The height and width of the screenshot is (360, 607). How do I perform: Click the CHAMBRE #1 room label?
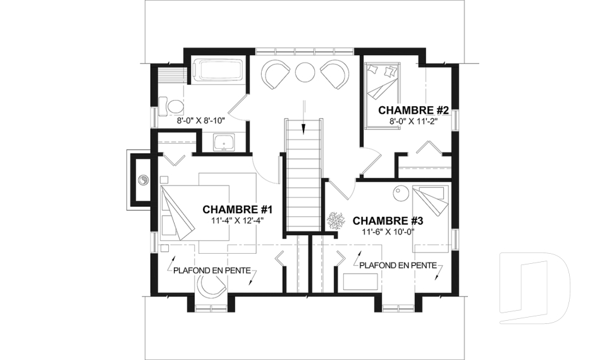[x=238, y=209]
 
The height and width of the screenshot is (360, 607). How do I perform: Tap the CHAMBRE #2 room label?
[x=413, y=111]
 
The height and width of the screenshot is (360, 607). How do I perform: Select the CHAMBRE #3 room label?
[x=388, y=221]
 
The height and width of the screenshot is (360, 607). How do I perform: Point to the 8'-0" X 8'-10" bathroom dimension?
[x=201, y=120]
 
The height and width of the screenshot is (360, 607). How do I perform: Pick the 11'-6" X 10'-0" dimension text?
[x=388, y=232]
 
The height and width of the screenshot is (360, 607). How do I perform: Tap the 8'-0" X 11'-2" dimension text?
[x=414, y=121]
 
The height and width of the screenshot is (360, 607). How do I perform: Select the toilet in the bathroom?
[x=171, y=106]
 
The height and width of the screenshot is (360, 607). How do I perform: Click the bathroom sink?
[x=224, y=142]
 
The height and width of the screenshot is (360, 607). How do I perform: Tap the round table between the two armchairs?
[x=305, y=71]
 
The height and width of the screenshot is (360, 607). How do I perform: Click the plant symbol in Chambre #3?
[x=335, y=221]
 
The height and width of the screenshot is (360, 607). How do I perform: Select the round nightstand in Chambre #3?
[x=401, y=192]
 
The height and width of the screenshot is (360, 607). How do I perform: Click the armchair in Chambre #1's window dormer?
[x=211, y=286]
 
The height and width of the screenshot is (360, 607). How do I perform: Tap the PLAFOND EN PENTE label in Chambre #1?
[x=212, y=271]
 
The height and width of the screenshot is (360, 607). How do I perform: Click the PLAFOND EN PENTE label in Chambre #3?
[x=398, y=266]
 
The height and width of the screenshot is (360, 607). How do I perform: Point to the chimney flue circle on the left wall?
[x=143, y=180]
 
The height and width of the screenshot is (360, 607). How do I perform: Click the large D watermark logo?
[x=535, y=287]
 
